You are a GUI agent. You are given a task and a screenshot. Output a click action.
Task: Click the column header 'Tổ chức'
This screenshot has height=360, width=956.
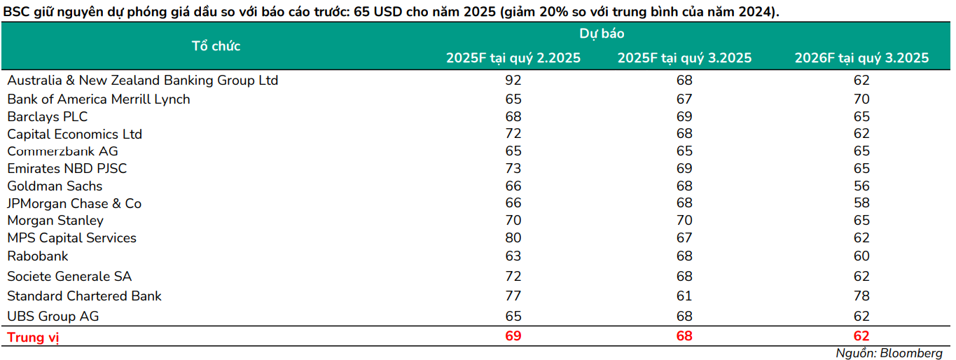click(216, 46)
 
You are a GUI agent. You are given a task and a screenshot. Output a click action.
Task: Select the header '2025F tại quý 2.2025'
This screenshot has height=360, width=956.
click(513, 58)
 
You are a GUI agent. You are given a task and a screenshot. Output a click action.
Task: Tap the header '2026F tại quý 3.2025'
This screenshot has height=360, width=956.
click(861, 58)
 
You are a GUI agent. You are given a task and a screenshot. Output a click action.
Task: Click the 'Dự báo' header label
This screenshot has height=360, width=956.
click(602, 34)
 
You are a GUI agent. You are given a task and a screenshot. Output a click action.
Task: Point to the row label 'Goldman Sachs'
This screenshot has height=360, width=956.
click(55, 186)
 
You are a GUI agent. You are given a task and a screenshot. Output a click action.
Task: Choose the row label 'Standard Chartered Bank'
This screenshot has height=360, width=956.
click(84, 296)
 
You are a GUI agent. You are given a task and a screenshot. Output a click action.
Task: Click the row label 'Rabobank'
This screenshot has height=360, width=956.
click(38, 256)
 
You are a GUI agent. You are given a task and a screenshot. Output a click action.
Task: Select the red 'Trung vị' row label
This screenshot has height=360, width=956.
click(33, 338)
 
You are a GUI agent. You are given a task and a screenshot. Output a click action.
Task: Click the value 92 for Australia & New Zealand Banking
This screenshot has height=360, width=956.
click(513, 81)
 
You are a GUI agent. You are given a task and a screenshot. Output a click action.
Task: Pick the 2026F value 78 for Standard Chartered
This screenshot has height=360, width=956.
click(861, 296)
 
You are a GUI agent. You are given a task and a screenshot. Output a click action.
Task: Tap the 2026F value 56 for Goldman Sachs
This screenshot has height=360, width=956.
click(861, 186)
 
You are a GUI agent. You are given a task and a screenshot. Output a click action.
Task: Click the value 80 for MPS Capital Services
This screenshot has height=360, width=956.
click(513, 238)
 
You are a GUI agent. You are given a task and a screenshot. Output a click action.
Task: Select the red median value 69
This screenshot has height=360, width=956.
click(513, 337)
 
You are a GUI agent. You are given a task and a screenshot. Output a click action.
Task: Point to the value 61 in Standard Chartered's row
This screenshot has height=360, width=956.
click(684, 296)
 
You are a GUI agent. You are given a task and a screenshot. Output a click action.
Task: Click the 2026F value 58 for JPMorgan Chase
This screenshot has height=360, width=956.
click(861, 204)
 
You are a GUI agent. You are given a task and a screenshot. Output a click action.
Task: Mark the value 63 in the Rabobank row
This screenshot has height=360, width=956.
click(513, 256)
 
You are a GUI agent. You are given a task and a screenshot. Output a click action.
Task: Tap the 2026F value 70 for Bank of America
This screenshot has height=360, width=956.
click(861, 99)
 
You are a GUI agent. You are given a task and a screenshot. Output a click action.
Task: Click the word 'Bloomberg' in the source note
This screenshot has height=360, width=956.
click(913, 353)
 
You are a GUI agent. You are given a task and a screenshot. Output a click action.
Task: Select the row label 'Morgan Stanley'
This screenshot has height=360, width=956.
click(55, 221)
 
